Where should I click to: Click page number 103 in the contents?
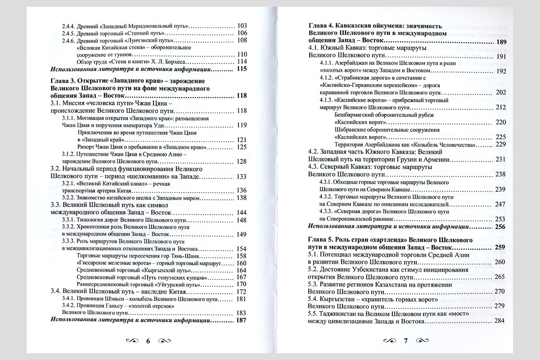click(242, 26)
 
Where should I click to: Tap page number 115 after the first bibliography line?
click(242, 69)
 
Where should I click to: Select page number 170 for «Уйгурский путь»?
click(242, 284)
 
